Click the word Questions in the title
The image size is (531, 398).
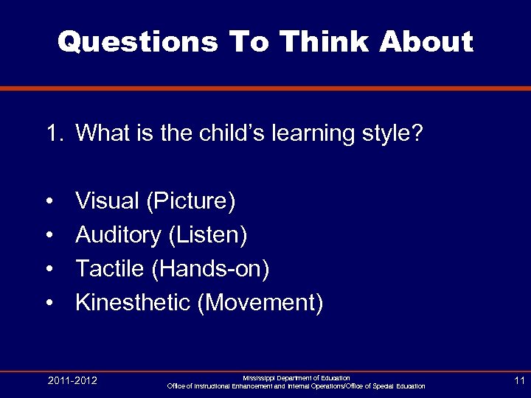click(x=137, y=42)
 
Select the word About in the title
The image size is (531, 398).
click(x=426, y=42)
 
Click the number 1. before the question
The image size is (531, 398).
click(x=56, y=134)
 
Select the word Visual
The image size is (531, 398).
click(x=108, y=200)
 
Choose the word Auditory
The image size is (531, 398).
click(x=118, y=235)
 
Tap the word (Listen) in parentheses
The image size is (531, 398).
click(x=208, y=235)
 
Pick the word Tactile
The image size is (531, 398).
click(x=110, y=269)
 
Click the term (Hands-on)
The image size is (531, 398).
click(x=210, y=269)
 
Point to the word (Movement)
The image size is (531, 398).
click(x=260, y=303)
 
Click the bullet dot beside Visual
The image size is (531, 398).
click(x=49, y=201)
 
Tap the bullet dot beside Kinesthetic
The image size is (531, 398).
click(x=49, y=304)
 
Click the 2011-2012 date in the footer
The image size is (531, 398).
click(x=72, y=380)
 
